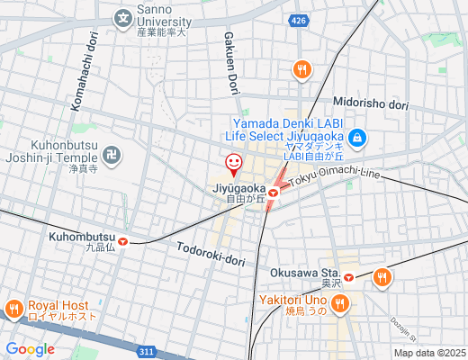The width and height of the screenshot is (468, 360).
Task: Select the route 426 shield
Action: (x=299, y=20)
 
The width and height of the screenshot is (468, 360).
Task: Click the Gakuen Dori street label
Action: (x=230, y=61)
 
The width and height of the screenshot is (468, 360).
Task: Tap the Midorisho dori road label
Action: (x=371, y=104)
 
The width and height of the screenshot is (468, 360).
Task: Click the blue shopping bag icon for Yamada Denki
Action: (x=357, y=138)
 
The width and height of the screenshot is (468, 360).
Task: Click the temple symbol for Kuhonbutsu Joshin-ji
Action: (x=111, y=155)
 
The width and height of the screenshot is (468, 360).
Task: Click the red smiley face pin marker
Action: (x=233, y=164)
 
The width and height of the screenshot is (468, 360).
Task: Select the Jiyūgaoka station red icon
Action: (x=273, y=191)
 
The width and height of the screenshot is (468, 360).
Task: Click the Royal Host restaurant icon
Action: (x=13, y=310)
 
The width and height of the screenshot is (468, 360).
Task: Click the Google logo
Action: (x=30, y=348)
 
